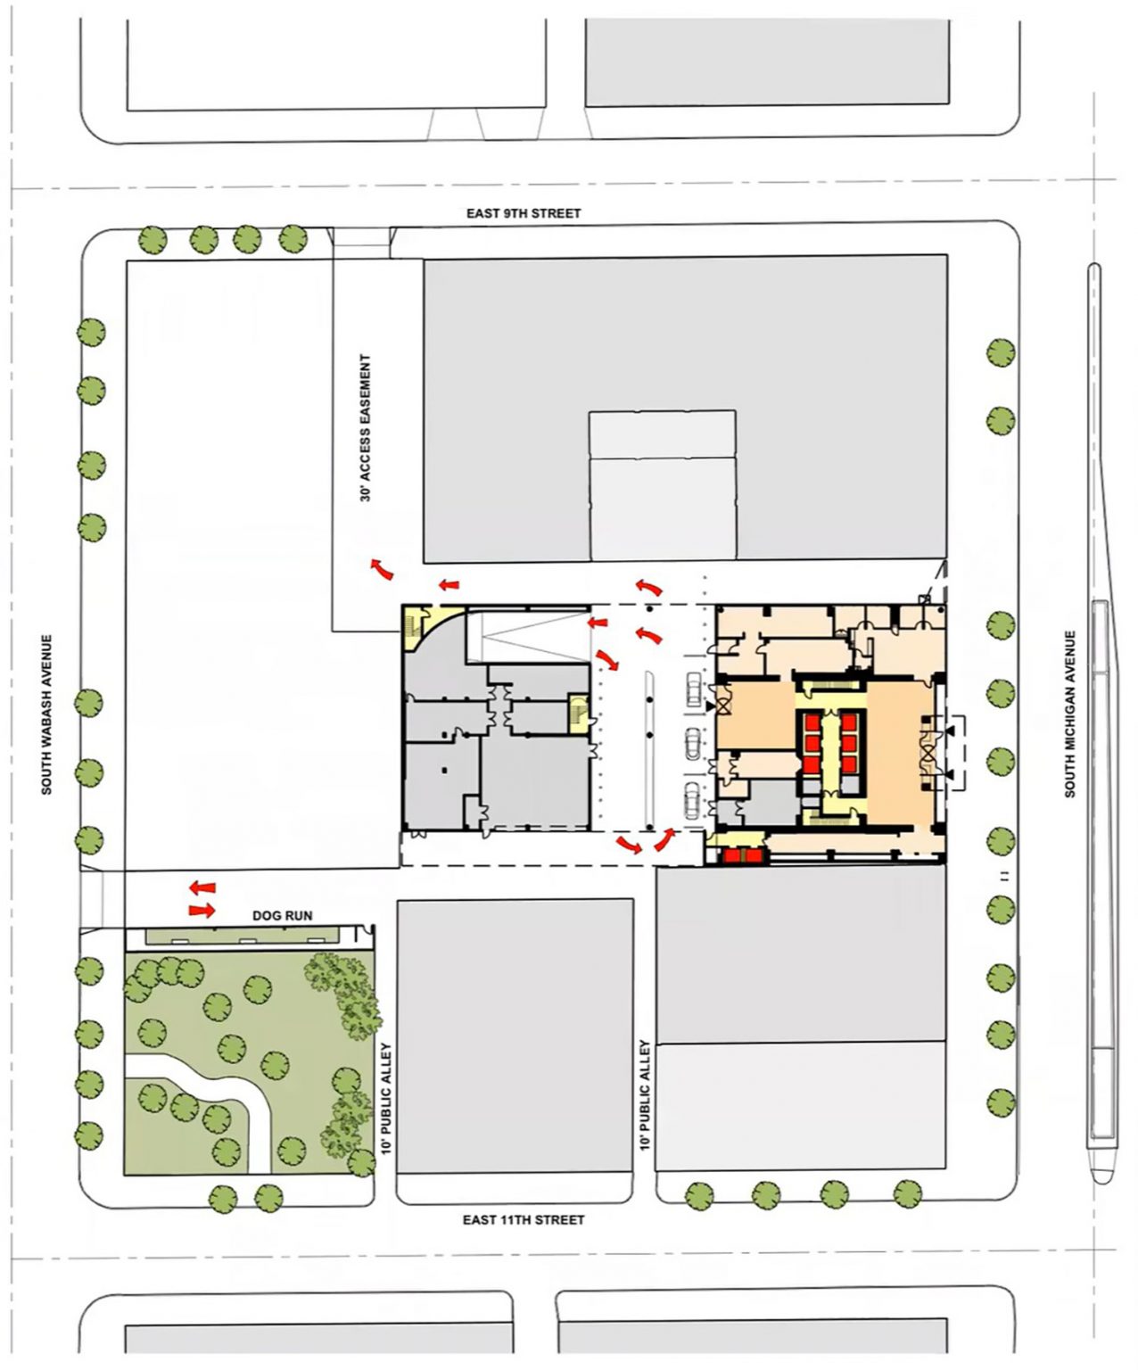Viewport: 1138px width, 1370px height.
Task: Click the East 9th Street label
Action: [523, 213]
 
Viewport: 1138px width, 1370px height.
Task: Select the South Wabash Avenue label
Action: [46, 714]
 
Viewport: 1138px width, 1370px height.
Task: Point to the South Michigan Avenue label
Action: [1069, 714]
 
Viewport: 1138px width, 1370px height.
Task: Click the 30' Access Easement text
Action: [366, 428]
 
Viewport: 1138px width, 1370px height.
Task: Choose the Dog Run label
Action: [282, 915]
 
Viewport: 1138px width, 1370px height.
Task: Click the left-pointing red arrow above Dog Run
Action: [202, 887]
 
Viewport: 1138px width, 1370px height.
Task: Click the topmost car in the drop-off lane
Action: [693, 689]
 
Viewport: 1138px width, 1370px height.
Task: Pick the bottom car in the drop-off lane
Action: [693, 800]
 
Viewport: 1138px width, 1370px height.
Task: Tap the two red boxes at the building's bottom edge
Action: [743, 855]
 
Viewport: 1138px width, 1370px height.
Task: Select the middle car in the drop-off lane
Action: [693, 744]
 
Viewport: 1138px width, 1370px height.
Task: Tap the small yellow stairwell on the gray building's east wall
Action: [578, 714]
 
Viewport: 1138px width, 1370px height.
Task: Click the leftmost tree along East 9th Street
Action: [153, 240]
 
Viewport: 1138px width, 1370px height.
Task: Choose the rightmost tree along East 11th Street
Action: [908, 1194]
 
